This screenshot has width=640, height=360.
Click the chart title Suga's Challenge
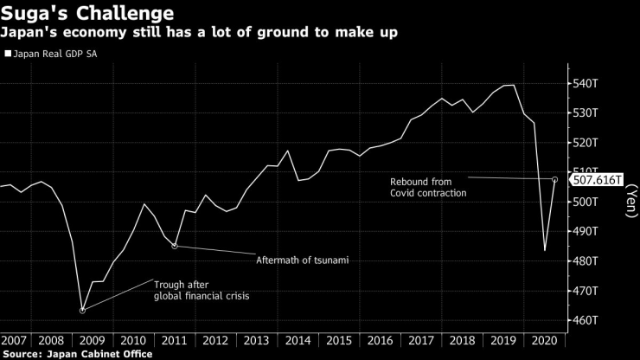point(87,14)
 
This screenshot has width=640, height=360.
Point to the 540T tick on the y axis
point(588,84)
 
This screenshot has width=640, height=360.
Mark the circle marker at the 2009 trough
point(82,310)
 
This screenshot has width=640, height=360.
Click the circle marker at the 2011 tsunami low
point(175,247)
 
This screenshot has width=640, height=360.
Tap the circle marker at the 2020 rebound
point(554,180)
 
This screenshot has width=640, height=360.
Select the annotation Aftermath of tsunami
point(302,260)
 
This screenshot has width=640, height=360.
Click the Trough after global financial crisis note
point(199,290)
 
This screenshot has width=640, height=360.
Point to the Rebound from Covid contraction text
point(427,188)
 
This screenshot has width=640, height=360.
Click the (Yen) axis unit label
point(630,202)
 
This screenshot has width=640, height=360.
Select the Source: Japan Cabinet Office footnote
point(77,354)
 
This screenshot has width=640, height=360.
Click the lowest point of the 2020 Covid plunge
point(545,251)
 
